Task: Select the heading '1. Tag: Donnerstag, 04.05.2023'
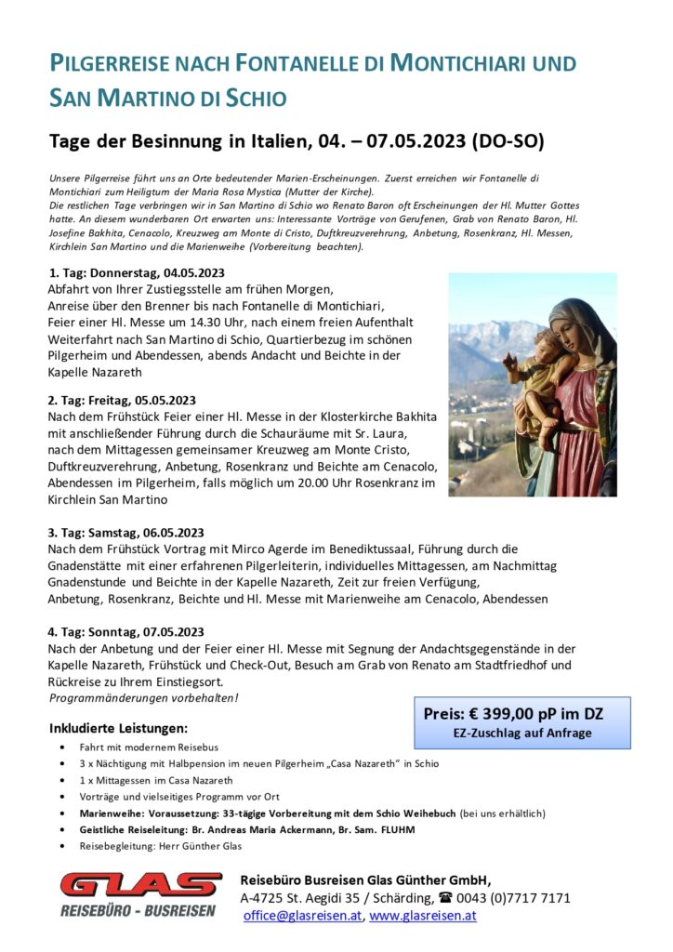tap(136, 273)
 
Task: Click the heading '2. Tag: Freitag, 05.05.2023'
tap(123, 401)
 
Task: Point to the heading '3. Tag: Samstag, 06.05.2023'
tap(125, 533)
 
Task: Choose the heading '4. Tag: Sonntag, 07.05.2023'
tap(125, 632)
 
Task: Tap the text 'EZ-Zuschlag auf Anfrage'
tap(521, 733)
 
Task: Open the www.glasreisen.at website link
tap(423, 915)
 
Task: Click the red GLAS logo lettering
tap(139, 885)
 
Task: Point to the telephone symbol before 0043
tap(445, 898)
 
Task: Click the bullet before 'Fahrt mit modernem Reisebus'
tap(61, 747)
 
